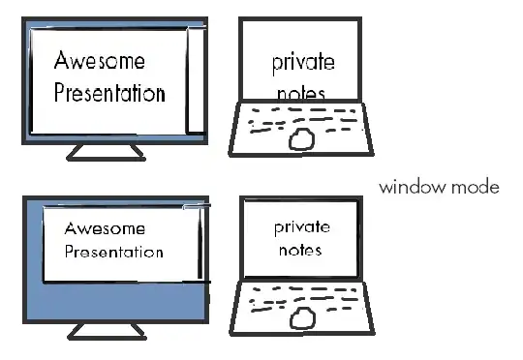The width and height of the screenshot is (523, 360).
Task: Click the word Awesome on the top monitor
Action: tap(100, 61)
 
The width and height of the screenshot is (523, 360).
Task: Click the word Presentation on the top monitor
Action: tap(109, 94)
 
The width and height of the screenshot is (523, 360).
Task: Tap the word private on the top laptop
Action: tap(302, 62)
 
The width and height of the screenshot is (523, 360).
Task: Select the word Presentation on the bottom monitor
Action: tap(113, 253)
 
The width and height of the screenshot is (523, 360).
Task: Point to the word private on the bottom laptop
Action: tap(301, 227)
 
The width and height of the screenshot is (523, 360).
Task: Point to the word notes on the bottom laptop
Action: tap(299, 250)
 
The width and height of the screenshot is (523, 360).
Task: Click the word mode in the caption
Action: tap(474, 187)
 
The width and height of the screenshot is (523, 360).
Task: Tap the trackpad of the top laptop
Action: tap(302, 139)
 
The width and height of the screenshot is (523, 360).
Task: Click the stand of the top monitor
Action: tap(106, 151)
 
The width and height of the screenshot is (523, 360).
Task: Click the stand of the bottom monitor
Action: tap(106, 331)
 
